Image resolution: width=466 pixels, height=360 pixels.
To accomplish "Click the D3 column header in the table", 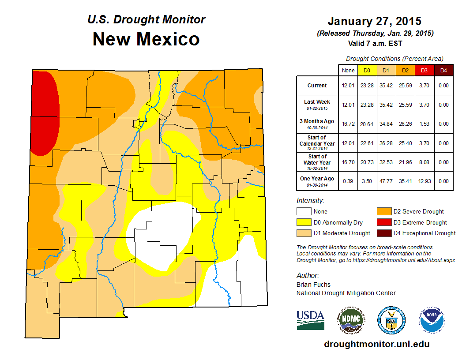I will point(424,70).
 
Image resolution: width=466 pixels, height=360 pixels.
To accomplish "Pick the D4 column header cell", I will point(443,70).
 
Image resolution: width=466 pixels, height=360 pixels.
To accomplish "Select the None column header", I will point(348,70).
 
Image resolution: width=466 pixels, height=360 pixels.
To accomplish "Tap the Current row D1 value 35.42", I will point(386,86).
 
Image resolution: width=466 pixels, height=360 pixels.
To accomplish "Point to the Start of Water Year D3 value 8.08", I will point(424,162).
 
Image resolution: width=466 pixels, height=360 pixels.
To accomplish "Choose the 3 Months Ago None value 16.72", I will point(348,124).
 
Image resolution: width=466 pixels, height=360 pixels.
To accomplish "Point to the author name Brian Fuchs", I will point(314,285).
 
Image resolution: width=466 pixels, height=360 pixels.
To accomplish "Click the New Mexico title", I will point(146,39).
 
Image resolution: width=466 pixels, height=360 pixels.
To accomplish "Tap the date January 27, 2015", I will point(375,21).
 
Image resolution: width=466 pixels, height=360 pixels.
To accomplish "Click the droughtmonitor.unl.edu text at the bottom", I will point(376,344).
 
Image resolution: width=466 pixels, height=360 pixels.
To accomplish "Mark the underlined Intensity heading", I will point(310,201).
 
